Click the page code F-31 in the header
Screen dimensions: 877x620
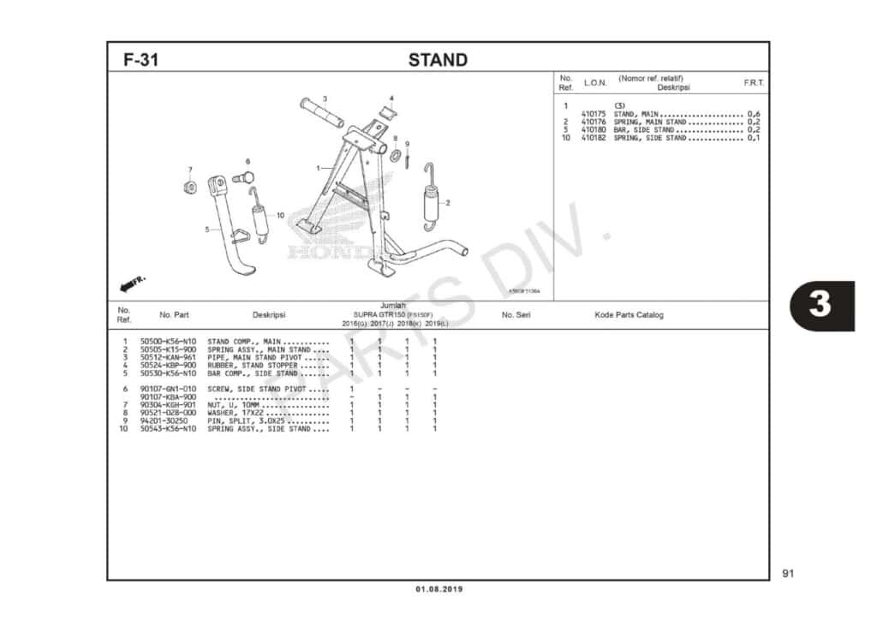(x=140, y=60)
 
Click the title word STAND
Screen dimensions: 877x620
(x=438, y=60)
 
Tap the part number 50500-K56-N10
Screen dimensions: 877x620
(x=168, y=342)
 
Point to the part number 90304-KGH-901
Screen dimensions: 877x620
(x=168, y=405)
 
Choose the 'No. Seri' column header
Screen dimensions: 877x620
(x=516, y=315)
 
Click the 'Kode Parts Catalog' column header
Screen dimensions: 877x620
(x=629, y=315)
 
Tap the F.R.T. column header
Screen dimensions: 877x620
(x=754, y=83)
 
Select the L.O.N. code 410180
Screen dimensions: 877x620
(x=593, y=130)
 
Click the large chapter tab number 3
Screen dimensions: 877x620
(x=820, y=305)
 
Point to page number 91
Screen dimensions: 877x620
(x=788, y=573)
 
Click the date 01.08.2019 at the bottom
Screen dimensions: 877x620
(x=438, y=589)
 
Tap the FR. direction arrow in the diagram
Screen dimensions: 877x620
(x=134, y=283)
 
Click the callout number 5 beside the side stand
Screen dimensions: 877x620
(x=206, y=230)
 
